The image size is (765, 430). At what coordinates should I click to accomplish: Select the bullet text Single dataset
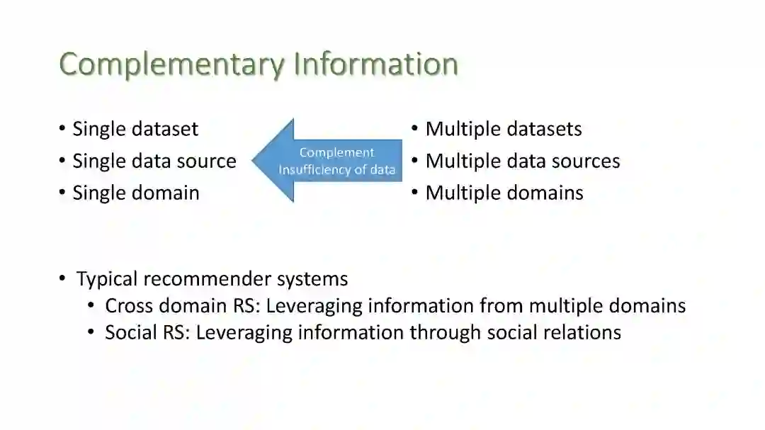(x=135, y=129)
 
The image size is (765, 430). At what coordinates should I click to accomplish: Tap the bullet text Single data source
(x=154, y=161)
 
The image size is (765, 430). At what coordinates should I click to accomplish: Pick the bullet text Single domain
(x=136, y=193)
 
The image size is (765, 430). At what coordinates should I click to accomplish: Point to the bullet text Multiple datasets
(x=504, y=129)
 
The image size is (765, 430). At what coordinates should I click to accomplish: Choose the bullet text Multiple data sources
(x=523, y=161)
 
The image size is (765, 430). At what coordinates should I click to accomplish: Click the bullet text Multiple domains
(x=504, y=193)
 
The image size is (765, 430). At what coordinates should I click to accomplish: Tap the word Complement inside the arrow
(x=336, y=152)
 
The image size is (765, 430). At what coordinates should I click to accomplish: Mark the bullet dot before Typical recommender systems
(x=62, y=278)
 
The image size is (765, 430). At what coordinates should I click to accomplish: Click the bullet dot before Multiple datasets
(x=415, y=129)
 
